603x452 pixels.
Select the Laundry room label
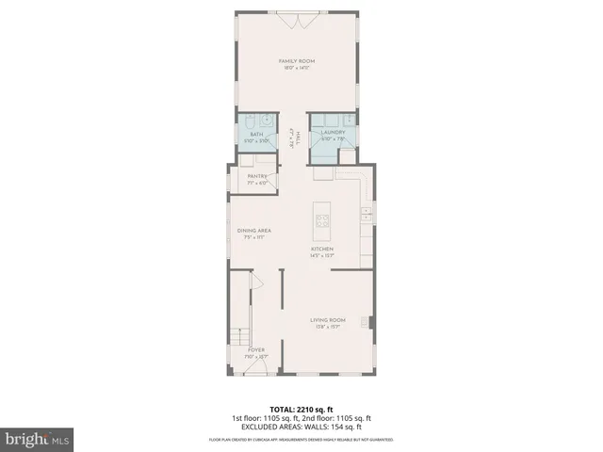(333, 133)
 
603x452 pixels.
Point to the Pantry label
(256, 176)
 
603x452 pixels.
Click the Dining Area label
(254, 231)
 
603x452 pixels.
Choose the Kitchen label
(323, 249)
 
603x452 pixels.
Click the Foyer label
(256, 349)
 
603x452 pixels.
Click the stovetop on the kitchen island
(323, 221)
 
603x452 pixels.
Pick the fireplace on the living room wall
(372, 323)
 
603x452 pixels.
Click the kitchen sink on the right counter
(365, 217)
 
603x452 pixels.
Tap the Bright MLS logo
(37, 439)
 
